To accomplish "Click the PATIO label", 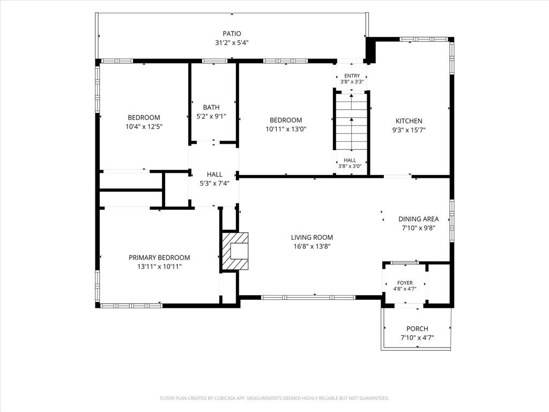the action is click(x=232, y=34).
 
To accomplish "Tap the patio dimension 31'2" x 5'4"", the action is click(x=232, y=43).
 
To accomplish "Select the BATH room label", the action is click(x=211, y=107).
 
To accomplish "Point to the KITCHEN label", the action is click(x=409, y=121).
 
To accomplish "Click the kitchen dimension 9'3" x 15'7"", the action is click(x=409, y=130).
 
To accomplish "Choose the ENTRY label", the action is click(x=352, y=76).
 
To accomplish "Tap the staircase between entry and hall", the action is click(x=351, y=122).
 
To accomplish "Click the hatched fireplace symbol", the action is click(x=235, y=251).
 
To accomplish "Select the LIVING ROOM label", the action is click(x=311, y=237).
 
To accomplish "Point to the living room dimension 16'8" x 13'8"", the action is click(x=311, y=246).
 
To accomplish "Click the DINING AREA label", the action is click(x=418, y=219).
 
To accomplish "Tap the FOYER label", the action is click(x=405, y=283).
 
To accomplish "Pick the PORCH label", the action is click(x=417, y=329).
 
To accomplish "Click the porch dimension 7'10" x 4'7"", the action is click(x=417, y=338).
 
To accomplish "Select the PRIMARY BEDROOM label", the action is click(x=159, y=257).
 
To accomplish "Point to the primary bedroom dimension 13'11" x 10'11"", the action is click(x=159, y=267).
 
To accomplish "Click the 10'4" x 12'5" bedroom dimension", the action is click(x=144, y=127).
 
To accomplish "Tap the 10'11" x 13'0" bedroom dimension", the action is click(x=286, y=129).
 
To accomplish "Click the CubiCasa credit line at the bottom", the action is click(x=274, y=398).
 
